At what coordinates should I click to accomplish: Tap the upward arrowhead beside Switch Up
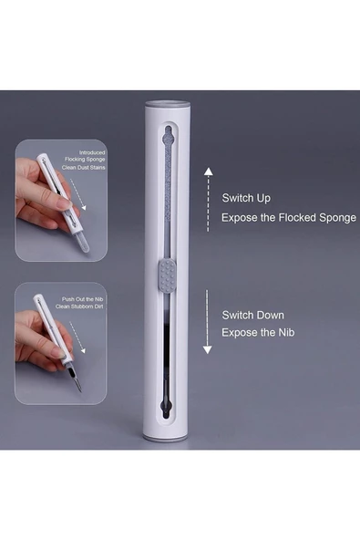pyautogui.click(x=208, y=171)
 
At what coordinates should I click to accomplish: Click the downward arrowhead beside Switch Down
pyautogui.click(x=207, y=350)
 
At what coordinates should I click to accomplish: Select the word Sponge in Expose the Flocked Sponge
pyautogui.click(x=337, y=218)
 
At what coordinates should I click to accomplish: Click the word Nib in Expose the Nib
pyautogui.click(x=286, y=333)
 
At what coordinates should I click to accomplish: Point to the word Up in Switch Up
pyautogui.click(x=263, y=199)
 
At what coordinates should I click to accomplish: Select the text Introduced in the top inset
pyautogui.click(x=92, y=152)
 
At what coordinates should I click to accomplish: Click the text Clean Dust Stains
pyautogui.click(x=84, y=168)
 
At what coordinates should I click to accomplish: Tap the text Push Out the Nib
pyautogui.click(x=83, y=299)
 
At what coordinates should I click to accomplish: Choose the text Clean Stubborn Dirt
pyautogui.click(x=79, y=306)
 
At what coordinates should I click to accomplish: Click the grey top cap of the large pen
pyautogui.click(x=168, y=103)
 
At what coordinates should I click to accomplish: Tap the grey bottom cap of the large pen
pyautogui.click(x=166, y=438)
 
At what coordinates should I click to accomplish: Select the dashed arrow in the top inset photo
pyautogui.click(x=77, y=194)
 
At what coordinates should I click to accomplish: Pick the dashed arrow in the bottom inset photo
pyautogui.click(x=77, y=337)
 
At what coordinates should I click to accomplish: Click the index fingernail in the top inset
pyautogui.click(x=65, y=205)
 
